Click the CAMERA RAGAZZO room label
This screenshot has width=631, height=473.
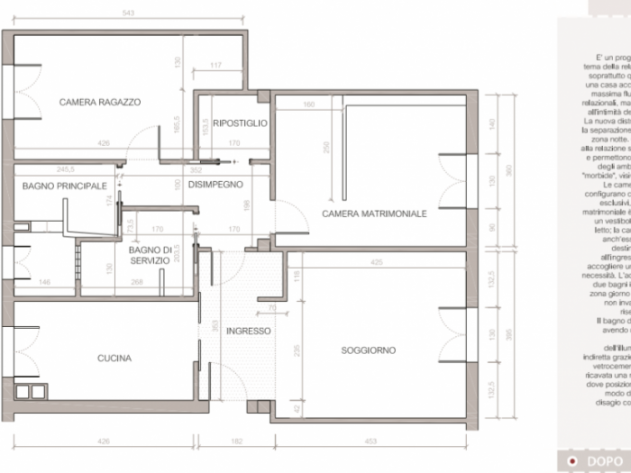coord(100,102)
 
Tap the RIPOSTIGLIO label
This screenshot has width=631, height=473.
coord(240,123)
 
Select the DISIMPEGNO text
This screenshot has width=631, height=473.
coord(215,184)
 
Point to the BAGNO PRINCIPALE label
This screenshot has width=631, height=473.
coord(60,186)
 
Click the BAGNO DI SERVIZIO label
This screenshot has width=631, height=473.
coord(150,254)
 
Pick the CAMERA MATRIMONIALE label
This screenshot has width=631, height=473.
coord(374,214)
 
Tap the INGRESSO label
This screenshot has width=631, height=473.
coord(248,331)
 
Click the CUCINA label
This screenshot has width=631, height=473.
coord(114,358)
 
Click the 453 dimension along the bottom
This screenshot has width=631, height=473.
coord(371,441)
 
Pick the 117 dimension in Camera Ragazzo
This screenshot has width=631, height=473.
coord(215,66)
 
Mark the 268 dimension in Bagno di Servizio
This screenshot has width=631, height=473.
coord(137,282)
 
